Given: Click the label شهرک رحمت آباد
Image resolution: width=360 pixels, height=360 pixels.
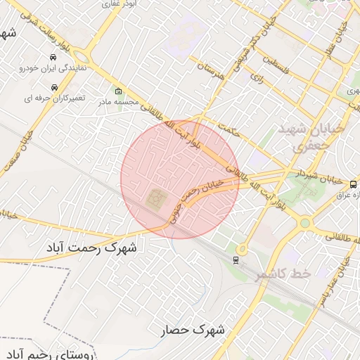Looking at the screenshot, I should pyautogui.click(x=93, y=247).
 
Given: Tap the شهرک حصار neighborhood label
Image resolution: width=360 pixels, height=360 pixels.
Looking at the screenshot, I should pyautogui.click(x=192, y=329).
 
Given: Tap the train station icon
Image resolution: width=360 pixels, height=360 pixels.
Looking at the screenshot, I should pyautogui.click(x=235, y=259).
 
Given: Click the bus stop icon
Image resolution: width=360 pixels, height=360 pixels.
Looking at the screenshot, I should pyautogui.click(x=352, y=184).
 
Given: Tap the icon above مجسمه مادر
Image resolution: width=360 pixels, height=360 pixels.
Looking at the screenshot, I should pyautogui.click(x=117, y=91).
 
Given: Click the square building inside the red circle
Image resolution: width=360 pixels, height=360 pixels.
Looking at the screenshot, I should pyautogui.click(x=156, y=200).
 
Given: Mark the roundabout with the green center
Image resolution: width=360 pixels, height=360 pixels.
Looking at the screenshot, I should pyautogui.click(x=304, y=224).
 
